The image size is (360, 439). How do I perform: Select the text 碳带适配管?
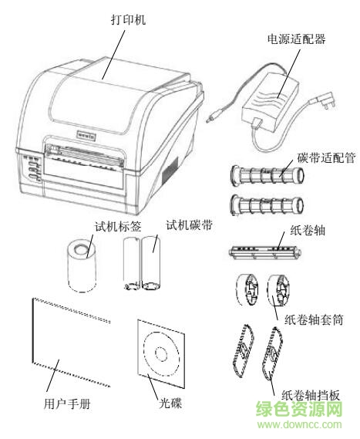pos(325,159)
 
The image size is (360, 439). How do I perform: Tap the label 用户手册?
pos(58,402)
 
